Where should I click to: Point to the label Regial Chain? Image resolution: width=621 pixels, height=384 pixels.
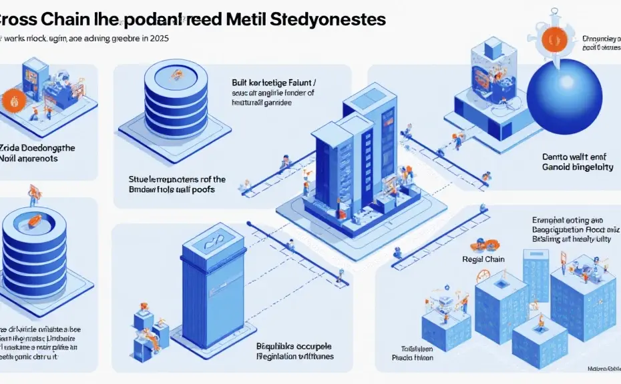[x=483, y=259]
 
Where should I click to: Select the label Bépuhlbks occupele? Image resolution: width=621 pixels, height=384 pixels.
[x=294, y=346]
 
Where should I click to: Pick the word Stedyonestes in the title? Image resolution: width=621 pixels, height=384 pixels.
[x=329, y=18]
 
